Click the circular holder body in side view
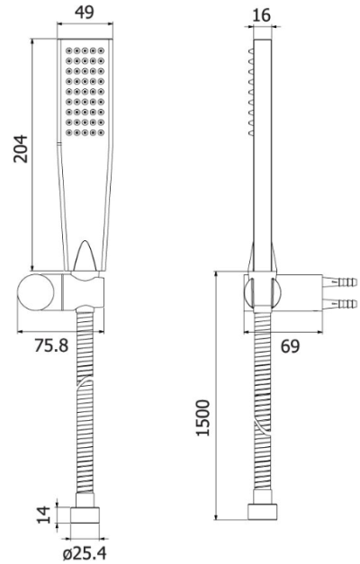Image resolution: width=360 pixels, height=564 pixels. (261, 292)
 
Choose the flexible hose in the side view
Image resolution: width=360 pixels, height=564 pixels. (261, 405)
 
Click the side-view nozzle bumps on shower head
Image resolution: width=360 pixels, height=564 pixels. (251, 90)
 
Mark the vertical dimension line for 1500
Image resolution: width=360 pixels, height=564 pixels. (218, 396)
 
